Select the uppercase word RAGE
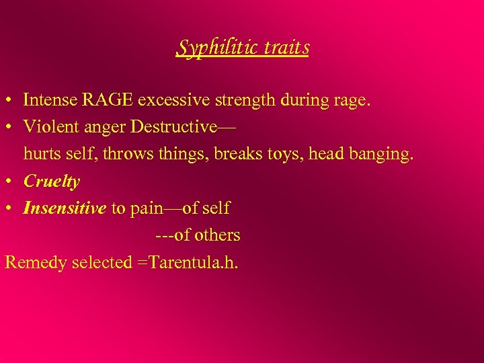(x=109, y=100)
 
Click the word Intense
(x=50, y=100)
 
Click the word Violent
(x=50, y=127)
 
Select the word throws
(x=118, y=154)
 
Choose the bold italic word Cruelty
(x=51, y=182)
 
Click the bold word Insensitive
(x=65, y=208)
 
